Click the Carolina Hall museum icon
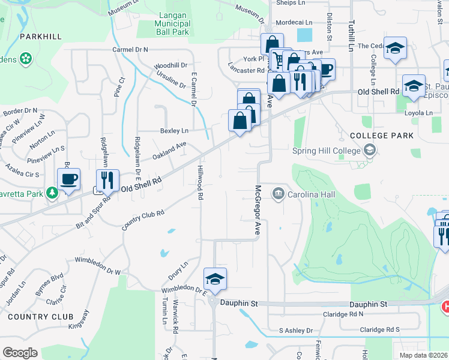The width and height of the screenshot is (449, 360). (278, 194)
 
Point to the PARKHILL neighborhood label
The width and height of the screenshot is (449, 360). (41, 37)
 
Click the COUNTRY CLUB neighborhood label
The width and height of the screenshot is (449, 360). (41, 316)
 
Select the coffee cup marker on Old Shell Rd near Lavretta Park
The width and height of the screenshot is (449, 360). (69, 179)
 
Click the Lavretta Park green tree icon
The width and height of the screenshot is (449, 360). (53, 193)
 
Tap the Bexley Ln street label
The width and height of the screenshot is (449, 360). (174, 130)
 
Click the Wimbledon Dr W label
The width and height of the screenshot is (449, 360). (97, 266)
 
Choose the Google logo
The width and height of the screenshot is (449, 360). (20, 352)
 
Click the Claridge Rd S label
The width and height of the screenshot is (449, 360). (379, 329)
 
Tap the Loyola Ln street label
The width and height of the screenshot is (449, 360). (420, 113)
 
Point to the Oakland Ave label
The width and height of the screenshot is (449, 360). (169, 149)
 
